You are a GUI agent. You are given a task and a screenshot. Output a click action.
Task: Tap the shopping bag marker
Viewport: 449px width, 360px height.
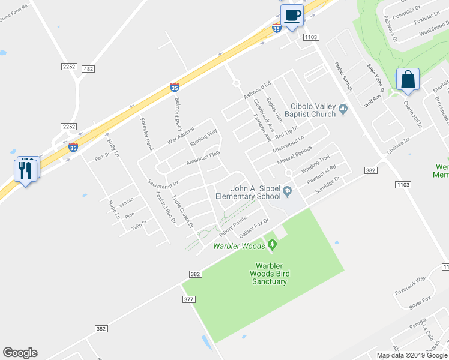tap(408, 79)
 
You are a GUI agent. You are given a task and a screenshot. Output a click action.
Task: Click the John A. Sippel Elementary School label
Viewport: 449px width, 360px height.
tap(248, 192)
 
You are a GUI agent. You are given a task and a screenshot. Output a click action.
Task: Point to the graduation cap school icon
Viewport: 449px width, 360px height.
tap(288, 191)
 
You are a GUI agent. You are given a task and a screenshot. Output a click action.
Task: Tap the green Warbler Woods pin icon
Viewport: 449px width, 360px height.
tap(272, 244)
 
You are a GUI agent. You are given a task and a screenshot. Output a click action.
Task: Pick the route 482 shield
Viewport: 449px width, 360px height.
tap(89, 70)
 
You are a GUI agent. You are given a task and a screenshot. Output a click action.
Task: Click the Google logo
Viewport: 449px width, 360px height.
tap(20, 353)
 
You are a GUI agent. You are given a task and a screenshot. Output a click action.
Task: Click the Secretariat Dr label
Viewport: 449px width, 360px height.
tap(163, 182)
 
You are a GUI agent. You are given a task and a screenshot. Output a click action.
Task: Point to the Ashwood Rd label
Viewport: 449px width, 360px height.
tap(258, 90)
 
